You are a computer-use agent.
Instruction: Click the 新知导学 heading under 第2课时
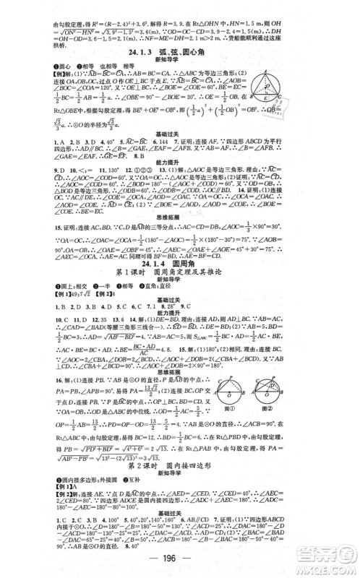point(180,478)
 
